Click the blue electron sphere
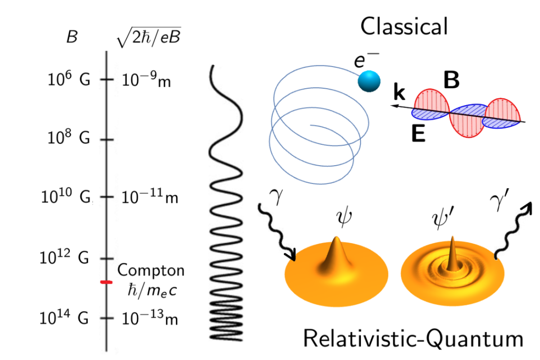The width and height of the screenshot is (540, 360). pos(369,81)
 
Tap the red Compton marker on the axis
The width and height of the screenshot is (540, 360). pos(106,282)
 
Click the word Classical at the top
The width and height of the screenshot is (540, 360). pos(404,27)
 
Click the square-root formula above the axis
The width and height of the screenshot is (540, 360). pos(148,39)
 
